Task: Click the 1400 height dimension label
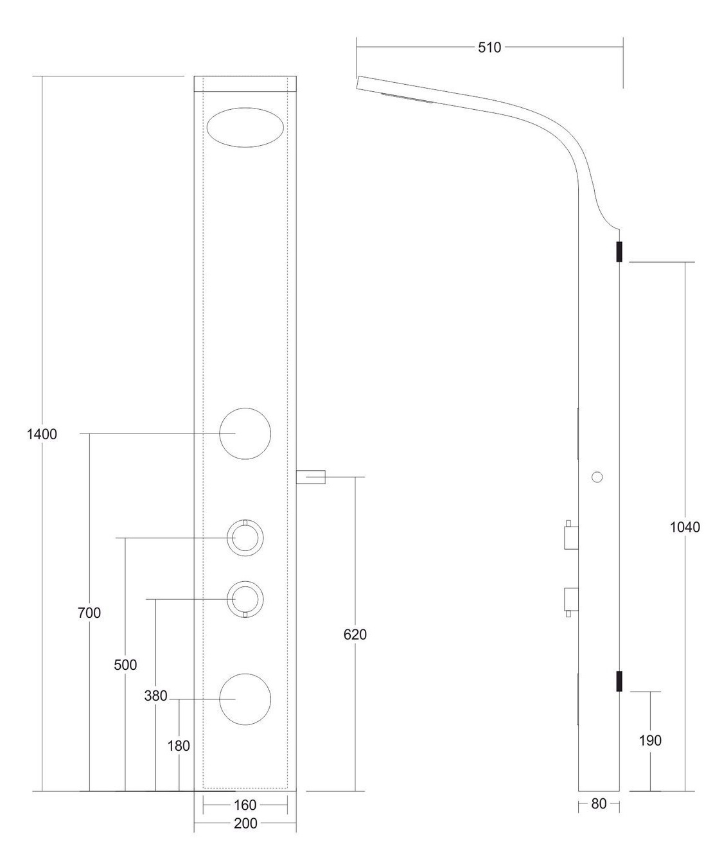[x=42, y=434]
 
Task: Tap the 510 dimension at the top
[x=489, y=48]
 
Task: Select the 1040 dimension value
[x=685, y=527]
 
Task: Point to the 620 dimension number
[x=355, y=635]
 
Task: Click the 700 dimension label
[x=89, y=613]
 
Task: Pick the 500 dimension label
[x=125, y=665]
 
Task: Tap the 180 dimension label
[x=179, y=746]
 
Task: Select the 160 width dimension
[x=245, y=805]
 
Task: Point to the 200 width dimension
[x=245, y=823]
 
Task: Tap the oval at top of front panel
[x=245, y=108]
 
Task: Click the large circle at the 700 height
[x=245, y=408]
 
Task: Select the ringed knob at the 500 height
[x=245, y=520]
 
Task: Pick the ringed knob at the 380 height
[x=245, y=582]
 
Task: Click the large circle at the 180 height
[x=245, y=674]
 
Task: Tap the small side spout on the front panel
[x=311, y=477]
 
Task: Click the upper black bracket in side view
[x=619, y=252]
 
